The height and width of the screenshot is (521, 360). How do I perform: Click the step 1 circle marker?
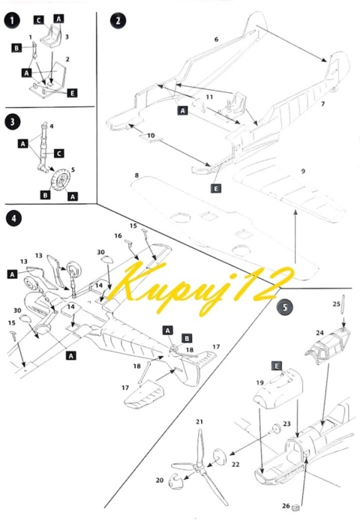coord(12,20)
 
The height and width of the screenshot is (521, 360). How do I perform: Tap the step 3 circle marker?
coord(12,121)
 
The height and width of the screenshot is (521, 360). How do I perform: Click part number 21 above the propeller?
coord(199,421)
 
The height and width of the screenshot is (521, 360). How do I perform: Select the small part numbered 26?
coord(295,508)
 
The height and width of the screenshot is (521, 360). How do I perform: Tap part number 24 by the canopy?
coord(319,332)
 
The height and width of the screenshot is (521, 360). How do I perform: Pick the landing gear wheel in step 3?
coord(61,180)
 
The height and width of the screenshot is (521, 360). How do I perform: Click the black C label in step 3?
coord(58,153)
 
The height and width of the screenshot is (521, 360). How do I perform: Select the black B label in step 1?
coord(16,48)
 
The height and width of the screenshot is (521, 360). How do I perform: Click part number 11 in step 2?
coord(209,97)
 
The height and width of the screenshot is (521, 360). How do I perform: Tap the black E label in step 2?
coord(216,188)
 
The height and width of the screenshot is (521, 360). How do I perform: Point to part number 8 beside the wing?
coord(137,175)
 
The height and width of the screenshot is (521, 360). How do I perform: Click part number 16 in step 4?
coord(118,235)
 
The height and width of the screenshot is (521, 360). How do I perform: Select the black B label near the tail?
coord(187,338)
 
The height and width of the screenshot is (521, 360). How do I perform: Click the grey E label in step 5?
coord(277,366)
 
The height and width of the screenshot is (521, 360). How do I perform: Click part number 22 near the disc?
coord(235,464)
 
